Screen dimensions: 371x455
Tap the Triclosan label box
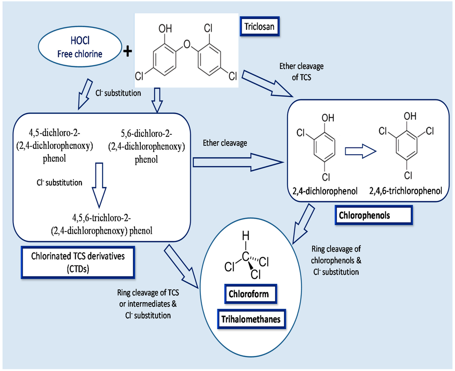pos(261,27)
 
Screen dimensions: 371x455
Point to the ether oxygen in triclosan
pos(187,44)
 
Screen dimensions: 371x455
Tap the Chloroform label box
pos(248,294)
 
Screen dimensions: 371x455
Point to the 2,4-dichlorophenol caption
pos(325,191)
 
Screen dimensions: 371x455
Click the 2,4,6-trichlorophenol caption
pos(405,191)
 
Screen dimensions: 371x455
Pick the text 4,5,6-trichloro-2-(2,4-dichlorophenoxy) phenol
pos(102,224)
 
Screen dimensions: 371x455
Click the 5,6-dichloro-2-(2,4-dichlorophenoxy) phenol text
pos(147,147)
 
